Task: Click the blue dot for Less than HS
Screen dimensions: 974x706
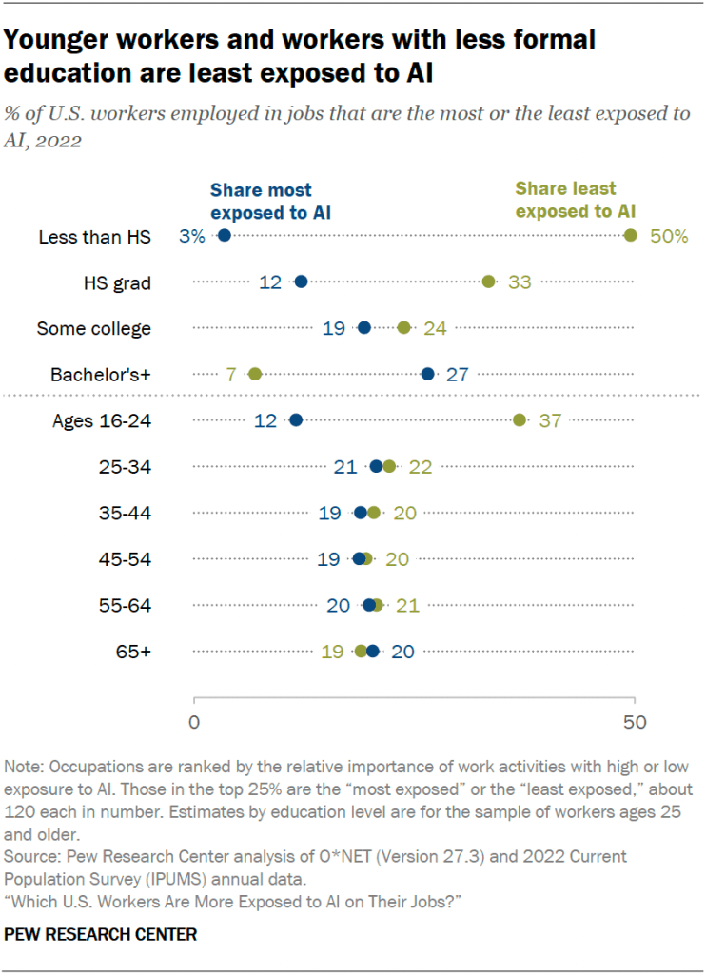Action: pyautogui.click(x=225, y=236)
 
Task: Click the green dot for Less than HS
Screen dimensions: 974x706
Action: pyautogui.click(x=631, y=236)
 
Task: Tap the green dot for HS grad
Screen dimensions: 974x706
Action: pyautogui.click(x=489, y=282)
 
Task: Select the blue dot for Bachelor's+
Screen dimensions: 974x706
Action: pyautogui.click(x=428, y=374)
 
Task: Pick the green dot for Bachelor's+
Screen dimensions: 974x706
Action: pyautogui.click(x=255, y=374)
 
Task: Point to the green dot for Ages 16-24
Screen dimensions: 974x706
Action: pyautogui.click(x=520, y=419)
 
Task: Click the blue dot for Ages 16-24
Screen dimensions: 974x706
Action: pyautogui.click(x=295, y=419)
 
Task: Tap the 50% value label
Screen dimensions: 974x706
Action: pyautogui.click(x=669, y=237)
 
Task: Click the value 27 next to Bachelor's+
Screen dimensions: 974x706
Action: pyautogui.click(x=457, y=374)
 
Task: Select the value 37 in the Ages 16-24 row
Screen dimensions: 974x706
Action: pyautogui.click(x=550, y=420)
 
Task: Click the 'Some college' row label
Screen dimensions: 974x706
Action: pyautogui.click(x=93, y=328)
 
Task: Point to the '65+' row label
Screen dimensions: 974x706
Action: pyautogui.click(x=132, y=652)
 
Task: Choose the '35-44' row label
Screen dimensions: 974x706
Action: pyautogui.click(x=127, y=513)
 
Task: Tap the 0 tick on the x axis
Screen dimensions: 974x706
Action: pyautogui.click(x=194, y=722)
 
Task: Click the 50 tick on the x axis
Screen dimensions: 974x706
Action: pyautogui.click(x=634, y=722)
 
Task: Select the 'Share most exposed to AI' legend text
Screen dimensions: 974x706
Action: pyautogui.click(x=261, y=200)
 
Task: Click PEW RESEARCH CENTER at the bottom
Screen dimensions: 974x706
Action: pyautogui.click(x=101, y=935)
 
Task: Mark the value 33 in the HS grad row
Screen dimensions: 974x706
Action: pyautogui.click(x=520, y=282)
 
